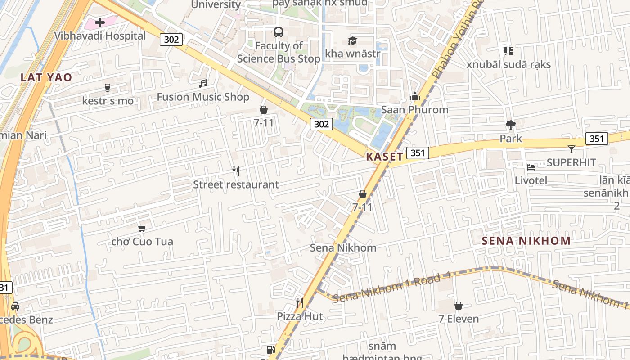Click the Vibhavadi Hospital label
[100, 36]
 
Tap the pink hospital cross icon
[100, 22]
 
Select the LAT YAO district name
[46, 77]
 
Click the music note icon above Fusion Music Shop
[203, 83]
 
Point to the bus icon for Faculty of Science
[279, 32]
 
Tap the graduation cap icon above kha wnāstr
[352, 41]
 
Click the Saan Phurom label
[414, 110]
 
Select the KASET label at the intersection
[384, 157]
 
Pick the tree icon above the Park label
[510, 125]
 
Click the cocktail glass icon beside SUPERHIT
[571, 149]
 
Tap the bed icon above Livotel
[531, 167]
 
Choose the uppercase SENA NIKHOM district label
[526, 241]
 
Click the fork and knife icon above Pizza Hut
[300, 303]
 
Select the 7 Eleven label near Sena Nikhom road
[459, 319]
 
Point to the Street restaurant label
[236, 184]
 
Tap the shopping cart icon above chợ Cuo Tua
[142, 228]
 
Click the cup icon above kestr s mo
[108, 87]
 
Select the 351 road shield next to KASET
[417, 153]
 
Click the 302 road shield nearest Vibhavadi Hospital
[171, 40]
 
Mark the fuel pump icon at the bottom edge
[270, 350]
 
